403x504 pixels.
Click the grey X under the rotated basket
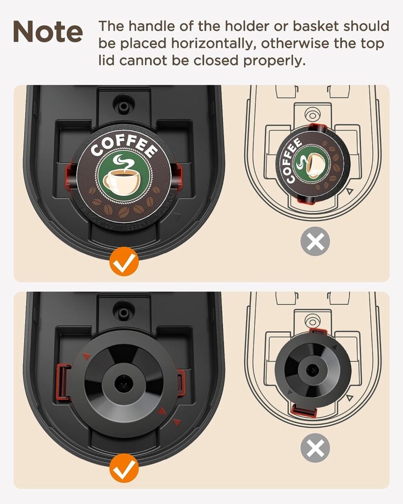[315, 448]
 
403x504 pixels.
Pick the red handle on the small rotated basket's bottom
[303, 410]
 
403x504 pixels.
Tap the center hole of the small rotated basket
[312, 368]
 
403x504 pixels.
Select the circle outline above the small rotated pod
[311, 114]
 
